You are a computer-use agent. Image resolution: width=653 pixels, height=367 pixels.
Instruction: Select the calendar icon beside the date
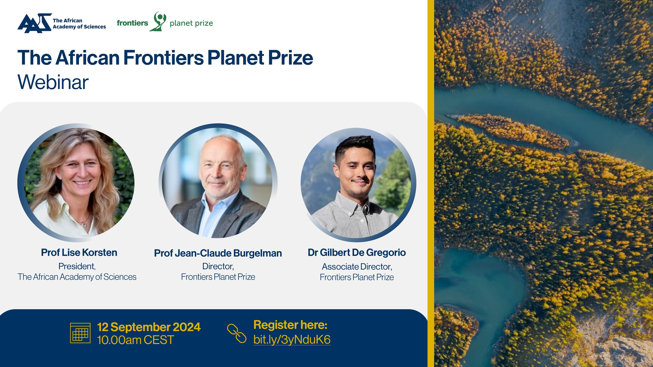point(80,333)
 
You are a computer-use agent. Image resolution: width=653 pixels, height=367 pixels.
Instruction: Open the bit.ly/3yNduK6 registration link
point(292,340)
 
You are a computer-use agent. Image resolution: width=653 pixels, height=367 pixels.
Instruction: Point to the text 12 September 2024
point(149,327)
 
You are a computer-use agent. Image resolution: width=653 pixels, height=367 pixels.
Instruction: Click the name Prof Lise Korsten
point(79,252)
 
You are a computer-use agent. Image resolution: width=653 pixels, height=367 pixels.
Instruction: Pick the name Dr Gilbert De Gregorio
point(357,252)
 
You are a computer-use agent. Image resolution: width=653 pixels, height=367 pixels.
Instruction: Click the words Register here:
point(290,325)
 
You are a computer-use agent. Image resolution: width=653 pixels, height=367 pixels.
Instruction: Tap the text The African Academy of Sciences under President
point(77,277)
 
